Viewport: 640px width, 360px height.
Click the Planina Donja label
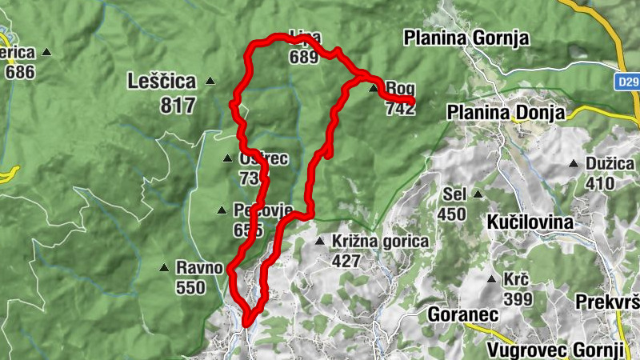pos(507,112)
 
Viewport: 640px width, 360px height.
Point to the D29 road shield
pos(628,82)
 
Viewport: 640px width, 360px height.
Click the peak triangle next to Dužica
pos(574,164)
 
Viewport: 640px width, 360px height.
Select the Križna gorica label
pos(382,241)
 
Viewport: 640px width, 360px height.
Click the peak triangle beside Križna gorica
pos(319,241)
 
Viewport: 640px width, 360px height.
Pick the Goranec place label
pos(463,314)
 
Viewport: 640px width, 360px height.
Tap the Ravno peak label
pos(199,268)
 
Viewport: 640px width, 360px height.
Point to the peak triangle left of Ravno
pos(164,268)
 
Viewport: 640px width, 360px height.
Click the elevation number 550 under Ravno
pos(190,288)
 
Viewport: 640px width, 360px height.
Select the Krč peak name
pos(516,280)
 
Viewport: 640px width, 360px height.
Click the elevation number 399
pos(518,299)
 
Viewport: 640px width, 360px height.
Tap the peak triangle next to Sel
pos(478,194)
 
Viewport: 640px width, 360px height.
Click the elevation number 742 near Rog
pos(400,108)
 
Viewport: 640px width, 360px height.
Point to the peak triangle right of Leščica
pos(210,81)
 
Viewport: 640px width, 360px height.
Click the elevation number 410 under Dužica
pos(599,184)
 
